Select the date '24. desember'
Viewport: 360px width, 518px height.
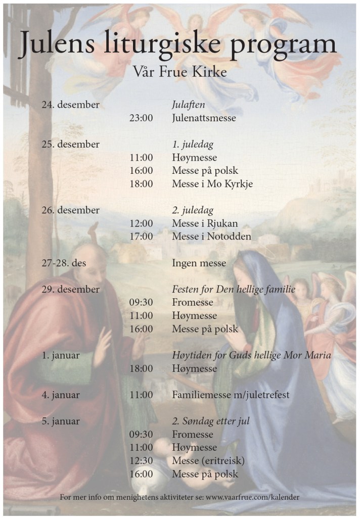pos(70,105)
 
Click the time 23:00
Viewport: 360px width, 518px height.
pos(141,118)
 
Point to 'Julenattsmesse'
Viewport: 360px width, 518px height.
pos(204,118)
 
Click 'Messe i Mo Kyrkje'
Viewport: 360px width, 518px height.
pos(212,184)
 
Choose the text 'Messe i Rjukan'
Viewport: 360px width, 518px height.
pos(204,223)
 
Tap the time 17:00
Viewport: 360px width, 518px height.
pos(141,237)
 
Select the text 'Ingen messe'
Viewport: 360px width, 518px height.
pos(199,263)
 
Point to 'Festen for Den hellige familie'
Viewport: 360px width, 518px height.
pos(233,290)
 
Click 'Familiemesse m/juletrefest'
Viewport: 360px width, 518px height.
pos(231,395)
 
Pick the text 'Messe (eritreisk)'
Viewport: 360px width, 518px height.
pos(208,461)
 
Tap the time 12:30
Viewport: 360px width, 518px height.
pos(141,461)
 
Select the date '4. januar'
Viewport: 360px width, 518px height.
pos(61,395)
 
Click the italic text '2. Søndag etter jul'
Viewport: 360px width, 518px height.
pos(210,421)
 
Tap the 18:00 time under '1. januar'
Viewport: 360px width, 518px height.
pos(141,369)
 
